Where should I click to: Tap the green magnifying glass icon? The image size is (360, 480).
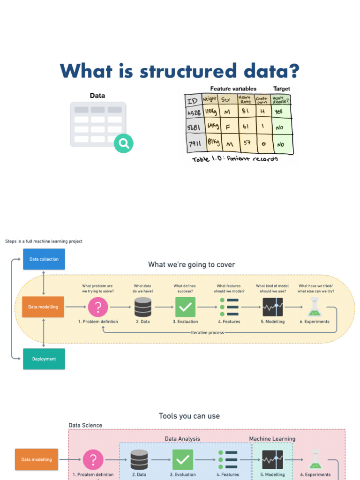124,143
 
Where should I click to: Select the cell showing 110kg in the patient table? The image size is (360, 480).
210,112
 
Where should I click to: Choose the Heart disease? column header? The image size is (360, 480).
281,99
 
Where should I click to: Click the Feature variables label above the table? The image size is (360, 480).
233,89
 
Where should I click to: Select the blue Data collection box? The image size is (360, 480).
44,259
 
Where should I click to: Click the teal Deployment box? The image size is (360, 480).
44,359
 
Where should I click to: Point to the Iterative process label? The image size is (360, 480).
208,332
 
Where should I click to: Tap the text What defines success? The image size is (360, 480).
185,288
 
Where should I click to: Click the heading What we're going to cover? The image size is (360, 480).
191,265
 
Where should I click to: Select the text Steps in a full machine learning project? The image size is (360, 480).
44,241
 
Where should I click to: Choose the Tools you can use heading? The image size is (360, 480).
189,416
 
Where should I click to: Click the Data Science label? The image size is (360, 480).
85,425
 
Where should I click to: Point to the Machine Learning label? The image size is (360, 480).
272,439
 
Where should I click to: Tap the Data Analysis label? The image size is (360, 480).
182,439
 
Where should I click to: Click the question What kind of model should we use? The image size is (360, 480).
272,288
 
